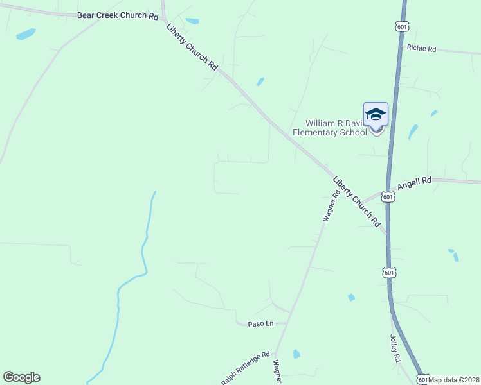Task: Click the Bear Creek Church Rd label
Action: click(117, 15)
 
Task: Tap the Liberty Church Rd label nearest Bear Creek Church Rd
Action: click(192, 47)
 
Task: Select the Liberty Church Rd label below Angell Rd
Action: click(356, 200)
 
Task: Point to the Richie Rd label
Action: click(421, 48)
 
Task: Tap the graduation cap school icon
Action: click(376, 115)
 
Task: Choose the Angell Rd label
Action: click(413, 183)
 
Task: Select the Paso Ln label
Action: click(260, 323)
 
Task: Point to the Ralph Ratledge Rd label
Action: click(246, 368)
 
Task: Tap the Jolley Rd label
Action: click(395, 348)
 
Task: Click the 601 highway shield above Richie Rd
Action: click(402, 26)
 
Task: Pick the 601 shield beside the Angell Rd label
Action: click(387, 196)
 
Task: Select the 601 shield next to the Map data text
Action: click(422, 379)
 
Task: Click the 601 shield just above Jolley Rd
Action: click(389, 273)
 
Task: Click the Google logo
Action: click(21, 377)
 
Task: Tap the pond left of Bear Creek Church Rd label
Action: click(26, 34)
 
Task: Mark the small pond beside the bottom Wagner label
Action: click(296, 354)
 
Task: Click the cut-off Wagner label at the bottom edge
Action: click(277, 371)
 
